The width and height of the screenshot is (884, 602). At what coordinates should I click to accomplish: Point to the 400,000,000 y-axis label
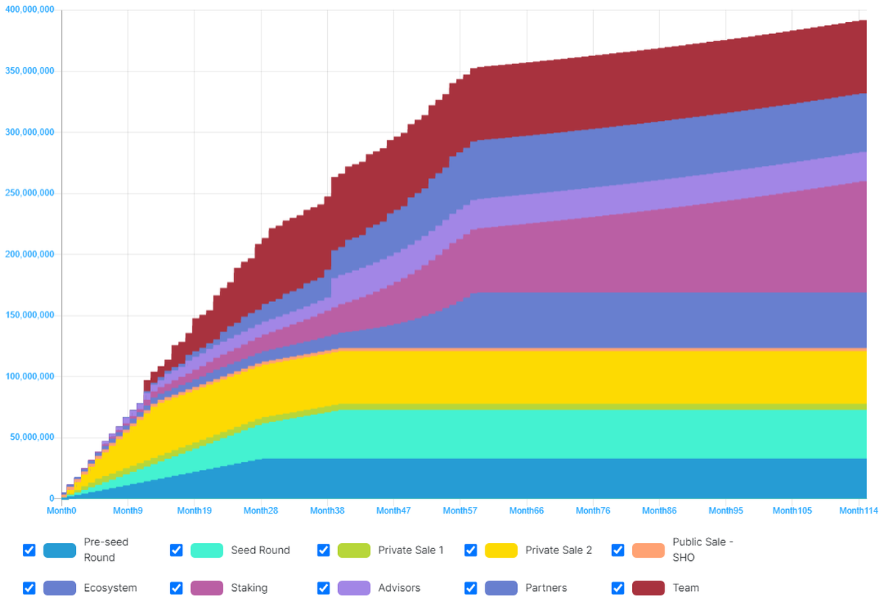[x=27, y=11]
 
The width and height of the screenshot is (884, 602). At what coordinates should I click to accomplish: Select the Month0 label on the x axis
[x=63, y=510]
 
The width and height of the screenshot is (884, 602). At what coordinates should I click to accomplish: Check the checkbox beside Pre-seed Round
[x=29, y=550]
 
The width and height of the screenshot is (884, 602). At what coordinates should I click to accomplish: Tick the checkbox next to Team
[x=618, y=588]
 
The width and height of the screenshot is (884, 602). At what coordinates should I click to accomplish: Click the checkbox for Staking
[x=176, y=588]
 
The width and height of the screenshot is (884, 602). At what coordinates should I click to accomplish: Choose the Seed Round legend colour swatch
[x=206, y=550]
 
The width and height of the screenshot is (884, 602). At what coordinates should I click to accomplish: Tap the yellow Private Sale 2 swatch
[x=501, y=550]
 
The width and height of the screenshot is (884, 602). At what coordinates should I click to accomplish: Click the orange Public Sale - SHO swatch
[x=648, y=550]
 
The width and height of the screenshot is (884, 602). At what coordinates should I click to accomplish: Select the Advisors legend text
[x=399, y=588]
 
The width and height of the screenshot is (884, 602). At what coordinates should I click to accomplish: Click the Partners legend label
[x=546, y=588]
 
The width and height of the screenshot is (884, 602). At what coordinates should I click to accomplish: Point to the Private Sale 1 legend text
[x=411, y=550]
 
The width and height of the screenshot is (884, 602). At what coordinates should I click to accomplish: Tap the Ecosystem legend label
[x=110, y=588]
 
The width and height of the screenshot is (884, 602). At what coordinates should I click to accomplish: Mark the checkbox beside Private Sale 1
[x=323, y=550]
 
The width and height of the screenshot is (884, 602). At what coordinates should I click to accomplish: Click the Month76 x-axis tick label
[x=593, y=510]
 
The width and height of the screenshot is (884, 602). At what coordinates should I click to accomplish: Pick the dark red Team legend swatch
[x=648, y=588]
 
